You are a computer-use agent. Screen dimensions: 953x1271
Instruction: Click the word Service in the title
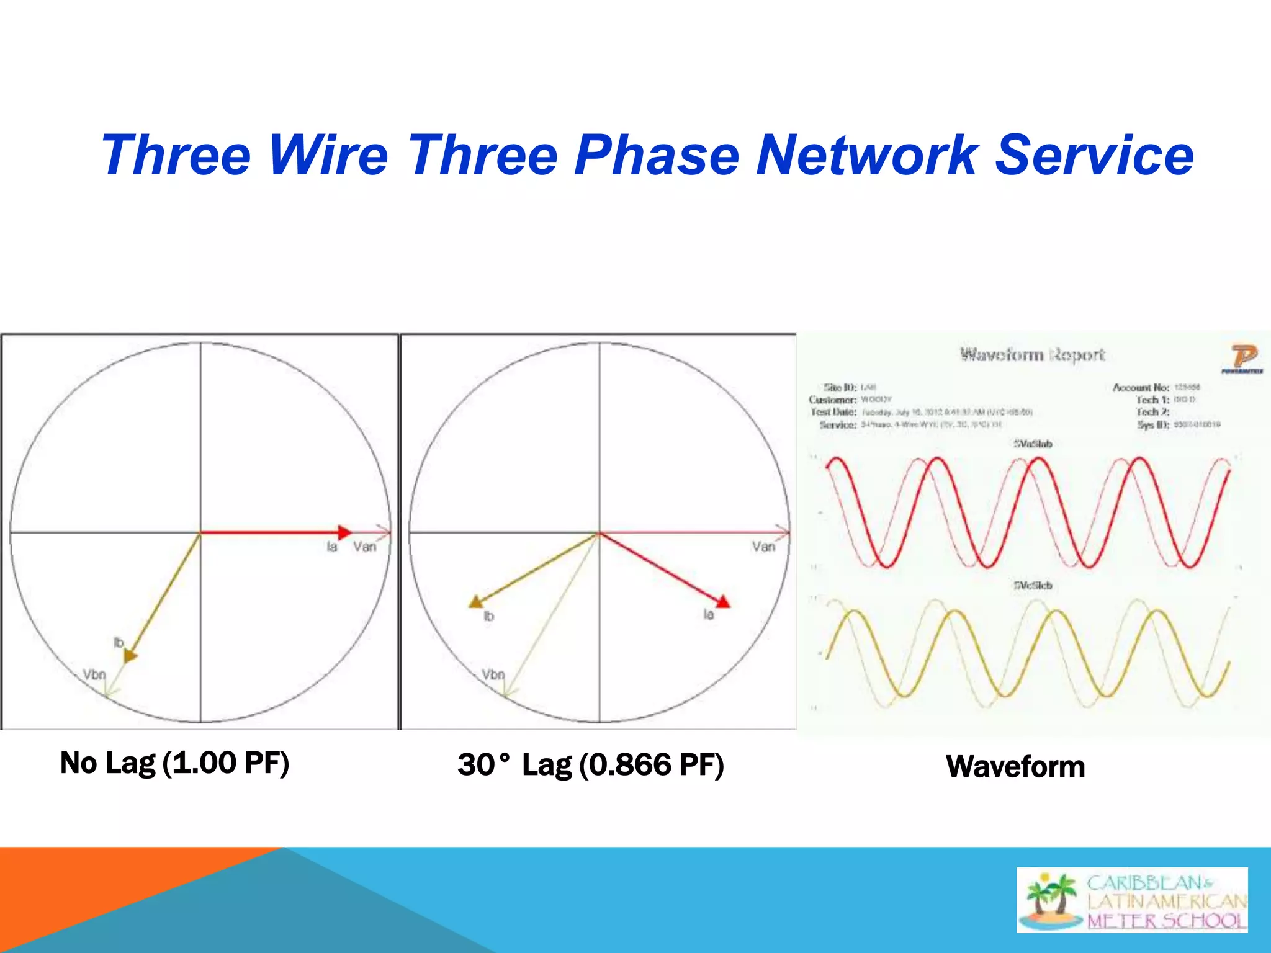click(x=1094, y=155)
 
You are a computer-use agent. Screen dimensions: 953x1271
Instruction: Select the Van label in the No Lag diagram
click(x=365, y=547)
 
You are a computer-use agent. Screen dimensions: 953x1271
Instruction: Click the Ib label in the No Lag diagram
click(x=119, y=642)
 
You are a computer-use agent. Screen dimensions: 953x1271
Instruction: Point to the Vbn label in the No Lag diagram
click(x=95, y=674)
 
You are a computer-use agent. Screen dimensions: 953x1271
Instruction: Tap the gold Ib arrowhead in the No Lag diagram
click(x=130, y=656)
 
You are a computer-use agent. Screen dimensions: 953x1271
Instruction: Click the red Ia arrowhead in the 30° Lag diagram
click(x=723, y=601)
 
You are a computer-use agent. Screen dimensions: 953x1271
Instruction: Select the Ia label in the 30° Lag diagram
click(x=709, y=615)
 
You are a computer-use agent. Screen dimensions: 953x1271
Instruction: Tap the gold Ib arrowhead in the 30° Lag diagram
click(x=477, y=601)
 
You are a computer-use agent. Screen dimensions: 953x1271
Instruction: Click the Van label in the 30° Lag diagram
click(x=763, y=547)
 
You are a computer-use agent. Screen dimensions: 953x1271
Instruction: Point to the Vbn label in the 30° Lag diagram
click(x=494, y=674)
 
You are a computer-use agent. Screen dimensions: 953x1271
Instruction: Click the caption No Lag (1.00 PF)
click(x=174, y=763)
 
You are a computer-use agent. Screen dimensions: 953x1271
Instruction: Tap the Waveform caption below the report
click(x=1015, y=766)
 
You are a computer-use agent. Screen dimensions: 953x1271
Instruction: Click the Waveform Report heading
click(x=1032, y=355)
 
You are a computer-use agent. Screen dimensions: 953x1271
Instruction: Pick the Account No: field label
click(x=1141, y=388)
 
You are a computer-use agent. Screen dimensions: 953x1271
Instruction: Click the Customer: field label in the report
click(x=833, y=400)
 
